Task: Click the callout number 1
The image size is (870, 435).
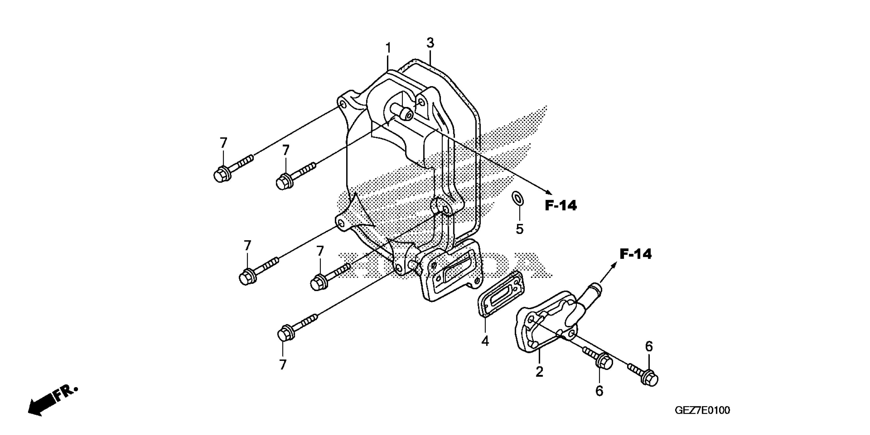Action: tap(388, 48)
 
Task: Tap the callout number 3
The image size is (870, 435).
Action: tap(430, 43)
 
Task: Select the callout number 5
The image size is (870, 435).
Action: tap(519, 229)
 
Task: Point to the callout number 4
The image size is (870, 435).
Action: tap(485, 341)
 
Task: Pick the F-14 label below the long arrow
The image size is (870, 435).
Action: tap(561, 205)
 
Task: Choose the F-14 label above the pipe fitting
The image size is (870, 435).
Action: tap(635, 254)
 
